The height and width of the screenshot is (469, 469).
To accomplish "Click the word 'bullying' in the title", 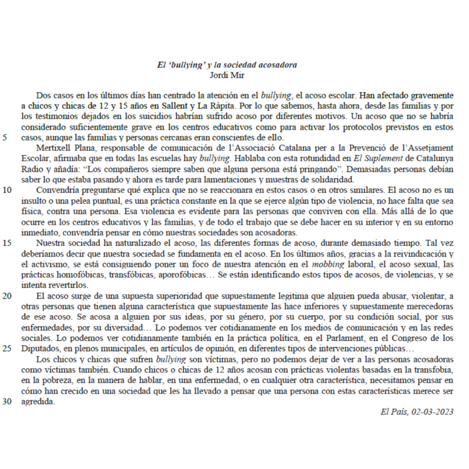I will click(x=186, y=65).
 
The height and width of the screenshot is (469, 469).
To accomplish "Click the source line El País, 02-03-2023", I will click(x=417, y=412).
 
